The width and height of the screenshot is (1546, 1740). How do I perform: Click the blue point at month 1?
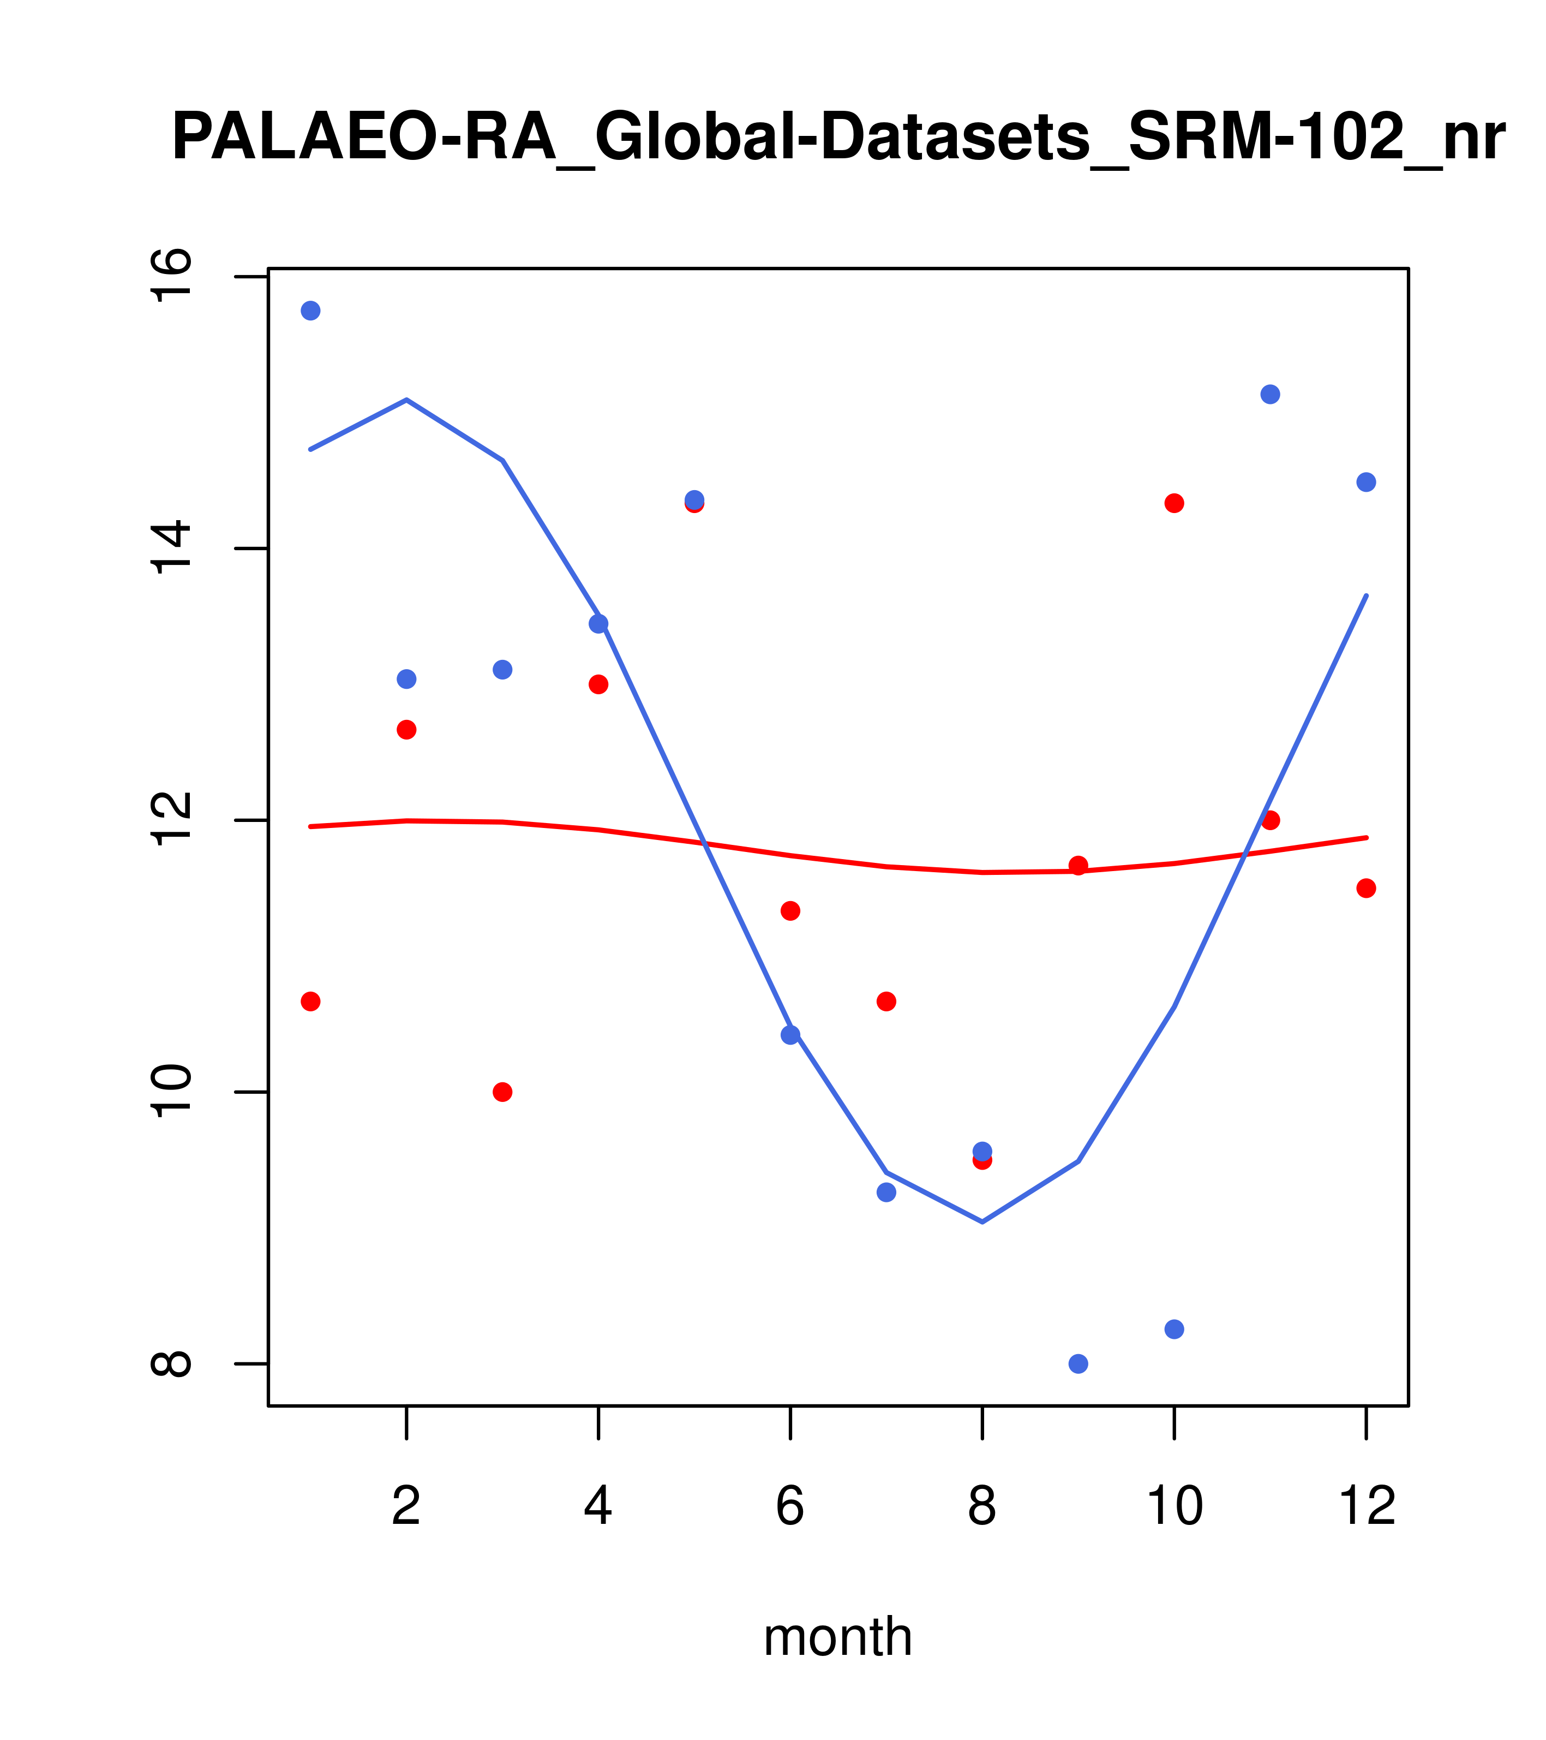point(310,311)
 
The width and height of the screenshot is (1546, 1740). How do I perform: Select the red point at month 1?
point(310,1001)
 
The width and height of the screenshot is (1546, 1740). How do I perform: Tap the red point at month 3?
point(503,1092)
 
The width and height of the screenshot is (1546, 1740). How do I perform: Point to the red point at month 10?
point(1174,503)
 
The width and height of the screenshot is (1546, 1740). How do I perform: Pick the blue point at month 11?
point(1271,394)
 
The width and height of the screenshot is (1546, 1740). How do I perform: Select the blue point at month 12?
point(1367,482)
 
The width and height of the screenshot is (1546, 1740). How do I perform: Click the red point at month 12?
point(1367,889)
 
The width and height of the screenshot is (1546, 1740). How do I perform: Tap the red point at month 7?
point(886,1001)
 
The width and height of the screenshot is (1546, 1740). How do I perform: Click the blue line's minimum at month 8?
point(982,1221)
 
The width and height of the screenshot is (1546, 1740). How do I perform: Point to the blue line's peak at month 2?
point(407,399)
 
